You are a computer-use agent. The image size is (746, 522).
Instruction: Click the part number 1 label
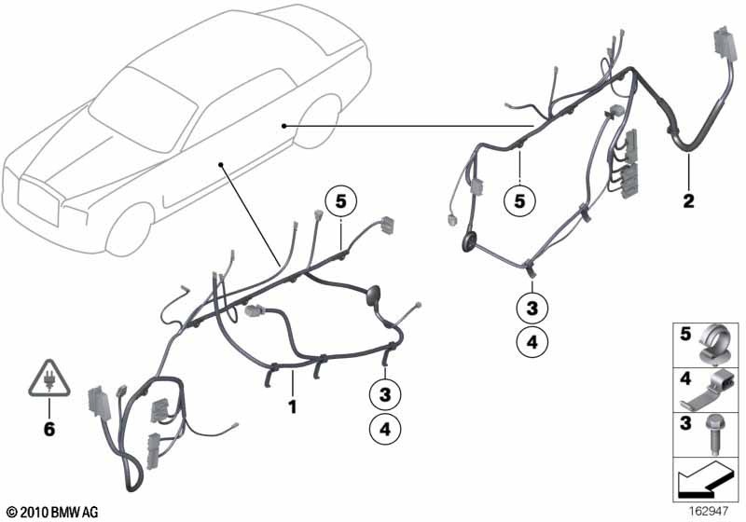(x=293, y=407)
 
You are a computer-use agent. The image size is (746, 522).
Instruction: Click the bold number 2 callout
(x=688, y=201)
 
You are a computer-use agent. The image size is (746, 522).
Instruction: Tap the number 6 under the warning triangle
(x=49, y=430)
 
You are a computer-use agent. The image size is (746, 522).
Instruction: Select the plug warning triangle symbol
(x=49, y=378)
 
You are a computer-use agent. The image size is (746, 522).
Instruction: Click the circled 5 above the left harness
(x=340, y=201)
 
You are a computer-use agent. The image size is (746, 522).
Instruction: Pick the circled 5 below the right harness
(x=519, y=201)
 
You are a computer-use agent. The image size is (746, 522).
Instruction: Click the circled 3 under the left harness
(x=385, y=394)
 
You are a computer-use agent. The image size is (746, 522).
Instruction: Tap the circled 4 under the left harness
(x=385, y=430)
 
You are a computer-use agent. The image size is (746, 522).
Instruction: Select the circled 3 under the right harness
(x=532, y=308)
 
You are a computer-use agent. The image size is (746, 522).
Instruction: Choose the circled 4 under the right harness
(x=532, y=341)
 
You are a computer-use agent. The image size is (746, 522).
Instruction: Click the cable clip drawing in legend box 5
(x=713, y=343)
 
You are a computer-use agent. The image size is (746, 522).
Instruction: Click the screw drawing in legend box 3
(x=713, y=434)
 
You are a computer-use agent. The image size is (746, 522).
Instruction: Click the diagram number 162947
(x=709, y=512)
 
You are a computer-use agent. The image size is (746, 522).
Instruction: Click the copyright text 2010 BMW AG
(x=53, y=512)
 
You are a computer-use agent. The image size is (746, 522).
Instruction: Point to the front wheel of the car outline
(x=130, y=229)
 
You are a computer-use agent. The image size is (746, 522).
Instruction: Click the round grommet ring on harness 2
(x=469, y=241)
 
